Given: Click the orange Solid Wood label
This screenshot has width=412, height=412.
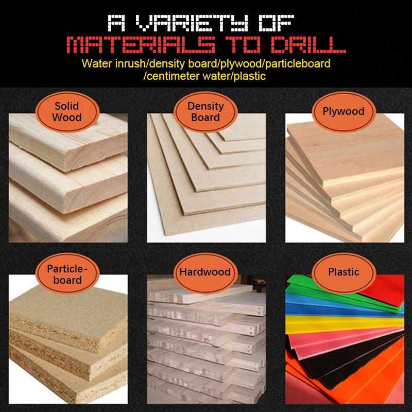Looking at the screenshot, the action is click(67, 112).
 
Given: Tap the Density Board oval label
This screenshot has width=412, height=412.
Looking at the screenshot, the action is click(205, 112).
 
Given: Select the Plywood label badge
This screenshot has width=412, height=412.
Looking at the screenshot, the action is click(344, 112).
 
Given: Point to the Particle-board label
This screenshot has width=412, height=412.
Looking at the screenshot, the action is click(67, 273).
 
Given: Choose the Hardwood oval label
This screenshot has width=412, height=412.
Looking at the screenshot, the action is click(205, 273).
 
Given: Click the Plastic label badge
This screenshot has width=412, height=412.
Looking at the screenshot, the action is click(344, 273).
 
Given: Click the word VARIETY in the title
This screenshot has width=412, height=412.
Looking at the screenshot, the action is click(192, 23).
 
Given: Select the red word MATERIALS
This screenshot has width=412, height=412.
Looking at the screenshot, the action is click(141, 45).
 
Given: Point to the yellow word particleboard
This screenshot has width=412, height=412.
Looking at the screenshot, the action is click(298, 64).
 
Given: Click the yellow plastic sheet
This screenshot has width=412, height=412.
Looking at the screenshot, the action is click(344, 324).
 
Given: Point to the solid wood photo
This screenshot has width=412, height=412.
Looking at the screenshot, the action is click(68, 178).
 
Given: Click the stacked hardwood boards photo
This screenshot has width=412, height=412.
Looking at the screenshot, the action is click(207, 339).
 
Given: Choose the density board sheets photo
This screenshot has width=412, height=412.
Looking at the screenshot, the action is click(207, 178).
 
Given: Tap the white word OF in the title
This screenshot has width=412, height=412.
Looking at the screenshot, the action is click(276, 23).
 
